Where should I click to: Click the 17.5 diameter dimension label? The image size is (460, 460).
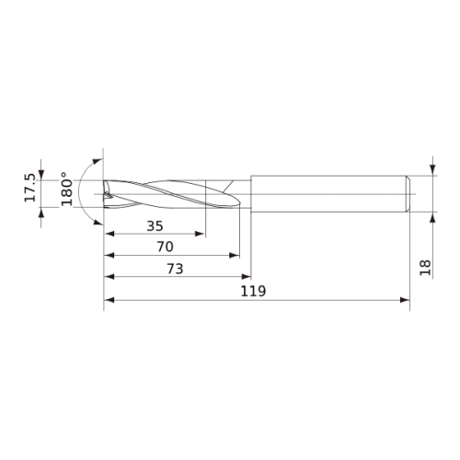[x=30, y=188]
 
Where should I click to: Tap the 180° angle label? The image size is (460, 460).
[x=66, y=189]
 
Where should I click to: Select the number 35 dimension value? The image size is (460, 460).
[x=155, y=226]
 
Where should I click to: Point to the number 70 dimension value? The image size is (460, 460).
[x=165, y=247]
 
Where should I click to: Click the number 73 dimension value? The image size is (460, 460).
[x=175, y=269]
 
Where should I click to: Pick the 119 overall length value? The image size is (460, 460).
[x=253, y=291]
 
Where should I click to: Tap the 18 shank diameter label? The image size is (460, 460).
[x=425, y=268]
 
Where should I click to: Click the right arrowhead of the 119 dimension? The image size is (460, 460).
[x=405, y=300]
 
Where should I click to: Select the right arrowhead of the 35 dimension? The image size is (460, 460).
[x=200, y=234]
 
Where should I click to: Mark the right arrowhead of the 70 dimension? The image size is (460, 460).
[x=235, y=255]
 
